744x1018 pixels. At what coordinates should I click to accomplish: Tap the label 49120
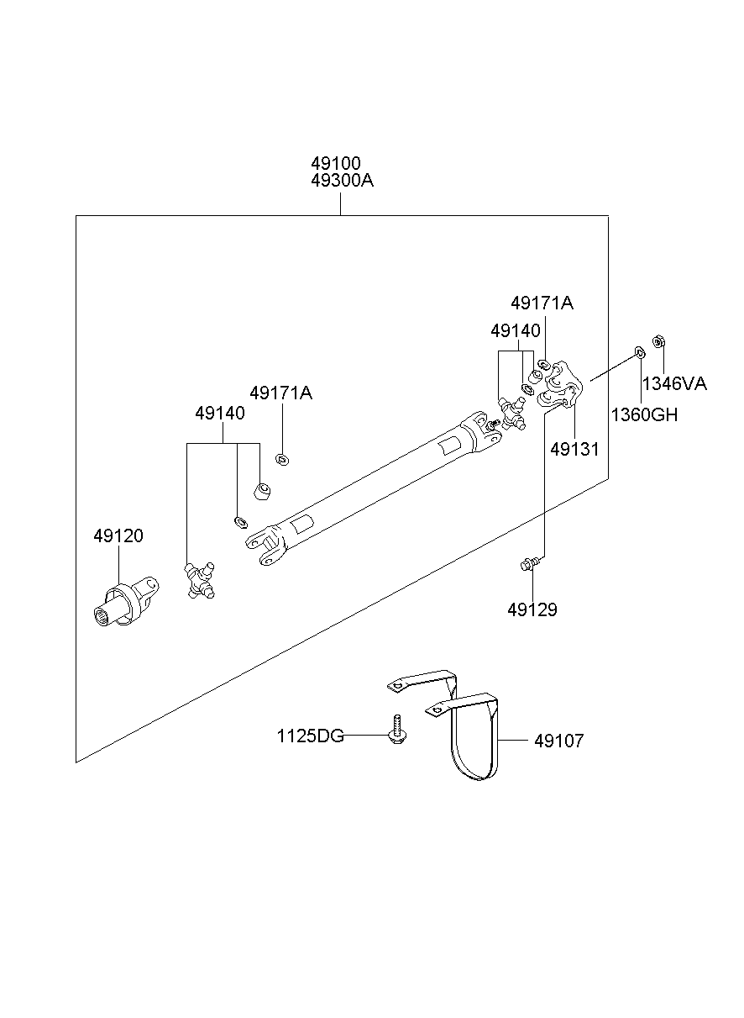click(118, 535)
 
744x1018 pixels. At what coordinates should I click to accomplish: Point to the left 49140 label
click(220, 414)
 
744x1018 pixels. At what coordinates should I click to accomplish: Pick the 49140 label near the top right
click(516, 330)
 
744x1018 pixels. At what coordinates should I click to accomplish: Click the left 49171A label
click(280, 393)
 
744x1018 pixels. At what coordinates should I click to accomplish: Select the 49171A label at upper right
click(542, 303)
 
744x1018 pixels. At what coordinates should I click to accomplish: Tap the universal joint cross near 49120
click(200, 581)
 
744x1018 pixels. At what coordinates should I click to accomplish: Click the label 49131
click(574, 449)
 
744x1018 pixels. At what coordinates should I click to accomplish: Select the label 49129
click(532, 609)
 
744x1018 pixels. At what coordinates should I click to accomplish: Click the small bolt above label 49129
click(527, 564)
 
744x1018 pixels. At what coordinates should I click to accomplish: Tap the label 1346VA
click(674, 385)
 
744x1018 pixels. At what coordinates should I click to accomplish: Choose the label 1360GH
click(644, 414)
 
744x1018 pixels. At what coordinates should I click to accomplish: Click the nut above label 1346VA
click(659, 342)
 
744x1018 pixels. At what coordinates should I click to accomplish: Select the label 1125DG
click(311, 736)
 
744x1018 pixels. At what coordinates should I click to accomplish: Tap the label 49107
click(558, 741)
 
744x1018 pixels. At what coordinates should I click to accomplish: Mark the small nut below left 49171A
click(282, 458)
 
